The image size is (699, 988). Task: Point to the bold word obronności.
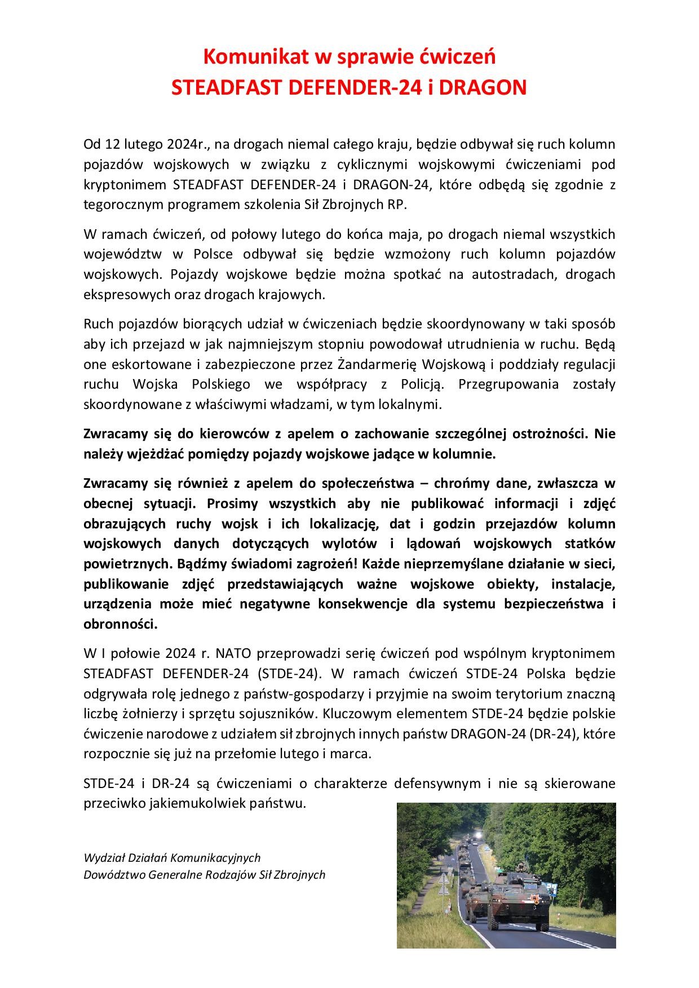[120, 624]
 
